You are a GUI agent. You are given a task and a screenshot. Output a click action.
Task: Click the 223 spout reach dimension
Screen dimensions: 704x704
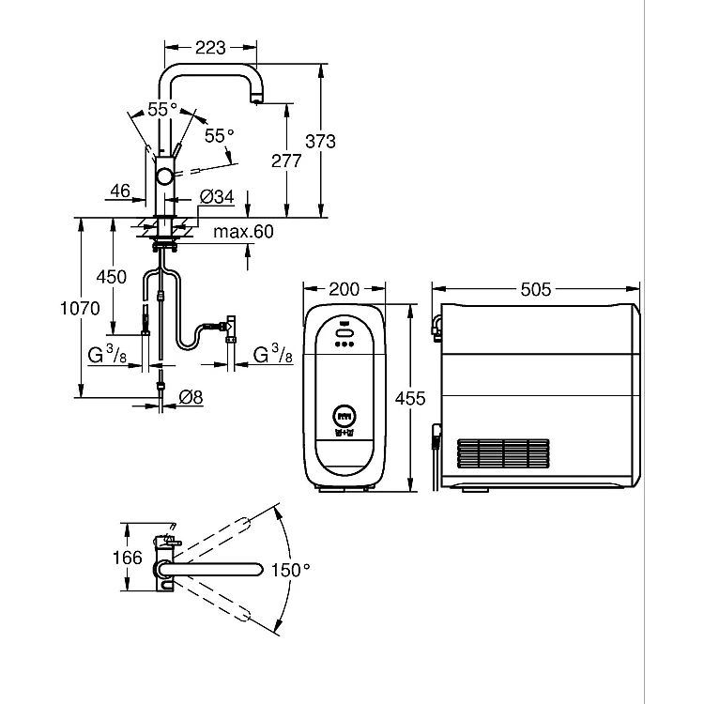[210, 47]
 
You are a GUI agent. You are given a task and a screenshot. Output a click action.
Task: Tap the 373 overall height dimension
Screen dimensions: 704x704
[320, 142]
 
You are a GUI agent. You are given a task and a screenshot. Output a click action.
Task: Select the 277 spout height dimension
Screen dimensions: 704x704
[286, 161]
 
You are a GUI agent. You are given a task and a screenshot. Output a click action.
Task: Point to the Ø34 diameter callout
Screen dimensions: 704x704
[217, 197]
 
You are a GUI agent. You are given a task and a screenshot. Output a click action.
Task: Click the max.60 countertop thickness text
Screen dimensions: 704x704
[243, 232]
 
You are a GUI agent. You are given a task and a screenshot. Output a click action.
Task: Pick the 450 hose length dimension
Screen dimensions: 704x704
[112, 277]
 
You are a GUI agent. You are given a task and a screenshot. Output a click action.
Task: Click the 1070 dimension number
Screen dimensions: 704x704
[80, 309]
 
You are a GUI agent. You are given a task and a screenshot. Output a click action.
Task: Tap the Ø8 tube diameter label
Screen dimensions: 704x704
[191, 397]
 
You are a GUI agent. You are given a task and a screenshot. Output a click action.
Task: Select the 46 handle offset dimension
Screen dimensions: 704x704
[120, 191]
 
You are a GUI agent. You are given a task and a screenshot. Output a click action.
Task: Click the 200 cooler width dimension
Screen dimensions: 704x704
[344, 289]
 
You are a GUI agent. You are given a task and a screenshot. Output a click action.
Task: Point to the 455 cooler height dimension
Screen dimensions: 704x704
[410, 398]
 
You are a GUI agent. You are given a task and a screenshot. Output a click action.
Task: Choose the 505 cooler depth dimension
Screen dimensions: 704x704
[536, 289]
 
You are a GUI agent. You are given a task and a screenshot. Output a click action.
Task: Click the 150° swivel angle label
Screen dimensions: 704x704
[290, 570]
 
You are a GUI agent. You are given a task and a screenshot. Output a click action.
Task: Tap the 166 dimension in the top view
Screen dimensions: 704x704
[127, 558]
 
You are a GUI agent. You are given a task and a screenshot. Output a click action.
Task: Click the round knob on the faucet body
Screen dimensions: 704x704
[164, 176]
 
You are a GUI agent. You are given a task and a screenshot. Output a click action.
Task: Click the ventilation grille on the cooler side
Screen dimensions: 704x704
[503, 453]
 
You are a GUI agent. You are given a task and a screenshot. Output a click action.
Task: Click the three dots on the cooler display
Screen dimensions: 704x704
[344, 344]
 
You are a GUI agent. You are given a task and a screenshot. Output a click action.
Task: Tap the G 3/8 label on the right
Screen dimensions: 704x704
[272, 354]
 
